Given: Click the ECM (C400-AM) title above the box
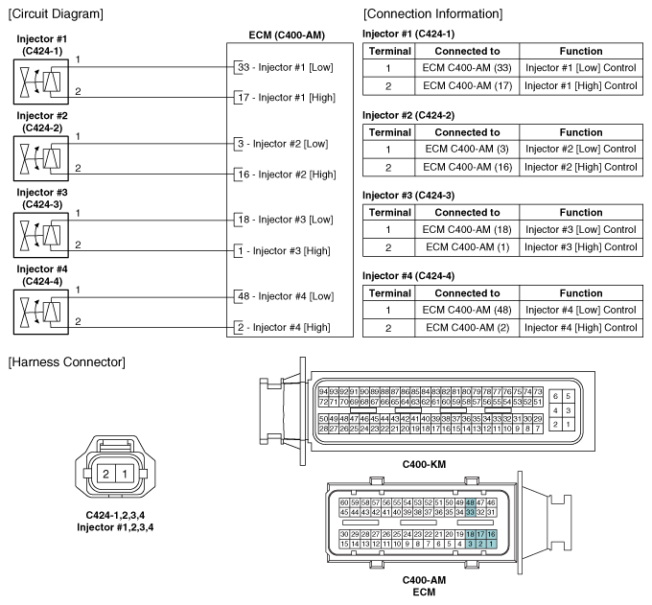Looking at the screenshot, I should [x=285, y=35].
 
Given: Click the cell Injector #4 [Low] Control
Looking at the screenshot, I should [x=581, y=310].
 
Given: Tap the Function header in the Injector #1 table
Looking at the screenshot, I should [x=581, y=51].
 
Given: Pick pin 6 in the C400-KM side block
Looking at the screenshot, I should [x=555, y=396].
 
